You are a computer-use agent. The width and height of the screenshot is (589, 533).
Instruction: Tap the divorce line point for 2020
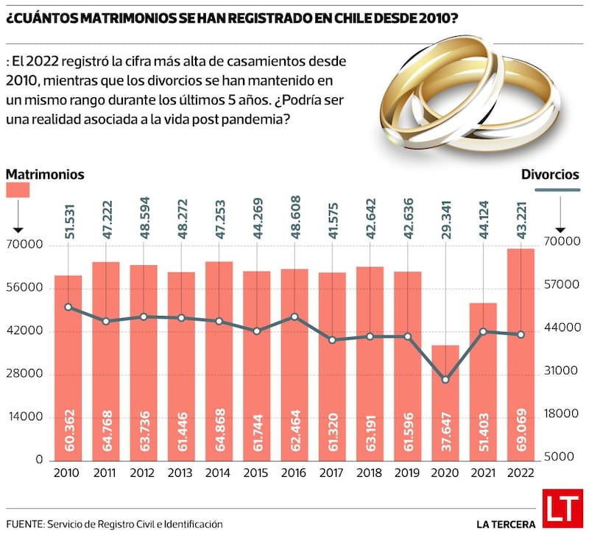[445, 380]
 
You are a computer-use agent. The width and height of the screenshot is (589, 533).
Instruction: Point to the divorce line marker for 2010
[68, 307]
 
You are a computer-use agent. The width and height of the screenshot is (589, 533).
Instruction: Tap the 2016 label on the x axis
[294, 473]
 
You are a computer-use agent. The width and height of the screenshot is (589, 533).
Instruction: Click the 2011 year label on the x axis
[105, 473]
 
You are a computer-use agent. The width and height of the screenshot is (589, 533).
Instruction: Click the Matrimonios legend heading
[45, 174]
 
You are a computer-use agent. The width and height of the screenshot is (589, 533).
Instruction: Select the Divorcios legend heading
[550, 174]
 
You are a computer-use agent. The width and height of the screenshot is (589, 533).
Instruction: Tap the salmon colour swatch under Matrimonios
[18, 190]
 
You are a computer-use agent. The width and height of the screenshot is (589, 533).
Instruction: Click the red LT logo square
[562, 508]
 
